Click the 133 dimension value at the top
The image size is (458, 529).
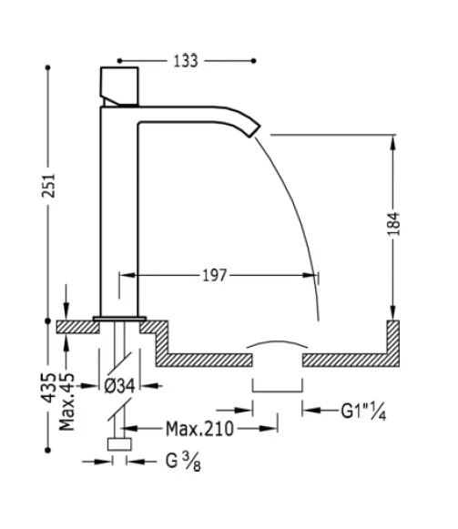tap(187, 61)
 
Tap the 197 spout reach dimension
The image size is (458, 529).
tap(214, 274)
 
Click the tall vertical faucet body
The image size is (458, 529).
tap(117, 209)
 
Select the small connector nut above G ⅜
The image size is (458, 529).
tap(118, 445)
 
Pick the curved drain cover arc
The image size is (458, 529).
tap(278, 345)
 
